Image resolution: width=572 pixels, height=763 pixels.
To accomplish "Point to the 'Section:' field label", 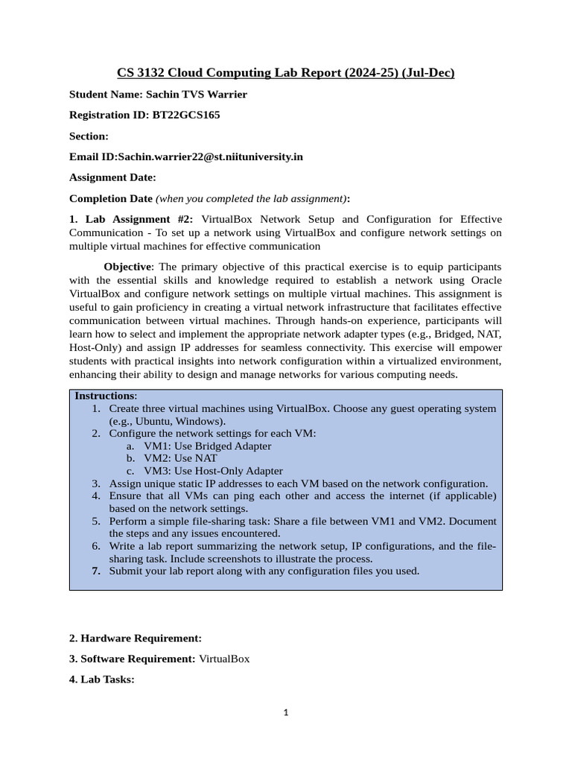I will coord(89,136).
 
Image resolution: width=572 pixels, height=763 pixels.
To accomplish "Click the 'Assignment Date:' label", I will coord(112,177).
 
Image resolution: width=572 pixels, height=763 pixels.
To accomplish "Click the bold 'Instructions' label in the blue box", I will coord(104,396).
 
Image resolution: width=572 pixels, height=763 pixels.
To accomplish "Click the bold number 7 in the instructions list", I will coord(96,571).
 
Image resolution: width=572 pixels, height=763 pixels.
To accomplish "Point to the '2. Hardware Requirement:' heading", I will coord(135,638).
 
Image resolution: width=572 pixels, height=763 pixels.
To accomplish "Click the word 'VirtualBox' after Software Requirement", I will coord(224,659).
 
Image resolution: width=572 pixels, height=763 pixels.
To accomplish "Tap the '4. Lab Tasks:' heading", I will coord(101,680).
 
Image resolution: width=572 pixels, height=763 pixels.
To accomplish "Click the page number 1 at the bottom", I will coord(286,712).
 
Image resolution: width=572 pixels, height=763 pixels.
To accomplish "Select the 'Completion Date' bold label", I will coord(110,198).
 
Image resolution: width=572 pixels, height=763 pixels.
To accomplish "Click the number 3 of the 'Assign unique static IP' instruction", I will coord(96,484).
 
